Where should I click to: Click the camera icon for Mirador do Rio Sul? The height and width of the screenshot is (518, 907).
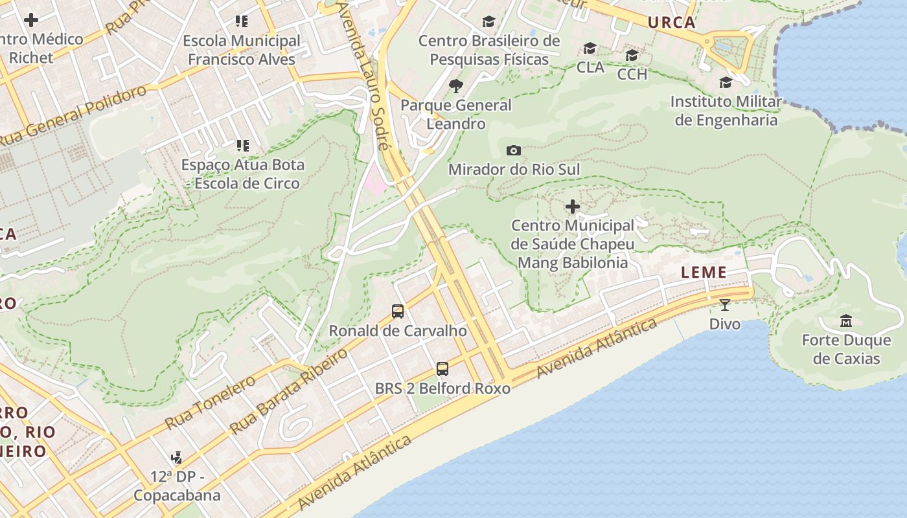[x=513, y=151]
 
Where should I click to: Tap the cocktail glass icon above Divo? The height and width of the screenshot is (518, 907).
[x=724, y=304]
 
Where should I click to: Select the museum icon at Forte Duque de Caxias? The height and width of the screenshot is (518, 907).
[x=845, y=321]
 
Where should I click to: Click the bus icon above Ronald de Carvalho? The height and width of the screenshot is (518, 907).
[x=398, y=311]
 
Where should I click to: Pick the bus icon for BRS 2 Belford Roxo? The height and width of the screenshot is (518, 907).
[x=442, y=369]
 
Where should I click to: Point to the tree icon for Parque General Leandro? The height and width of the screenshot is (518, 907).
[x=456, y=86]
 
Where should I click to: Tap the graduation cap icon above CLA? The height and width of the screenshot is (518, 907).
[x=590, y=49]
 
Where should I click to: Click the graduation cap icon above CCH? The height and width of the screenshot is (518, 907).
[x=632, y=55]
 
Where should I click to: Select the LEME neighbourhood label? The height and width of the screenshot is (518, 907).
[x=704, y=273]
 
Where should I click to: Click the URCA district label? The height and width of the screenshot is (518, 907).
[x=671, y=23]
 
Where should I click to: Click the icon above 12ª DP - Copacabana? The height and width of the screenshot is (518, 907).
[x=176, y=458]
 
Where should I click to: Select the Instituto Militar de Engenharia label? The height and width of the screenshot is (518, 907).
[x=726, y=111]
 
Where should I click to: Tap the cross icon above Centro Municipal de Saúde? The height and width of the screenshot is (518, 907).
[x=573, y=207]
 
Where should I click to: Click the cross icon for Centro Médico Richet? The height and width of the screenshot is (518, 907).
[x=30, y=20]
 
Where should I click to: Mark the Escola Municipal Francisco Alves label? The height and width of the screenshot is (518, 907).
[x=242, y=50]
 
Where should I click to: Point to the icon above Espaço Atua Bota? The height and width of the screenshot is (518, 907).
[x=242, y=146]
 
